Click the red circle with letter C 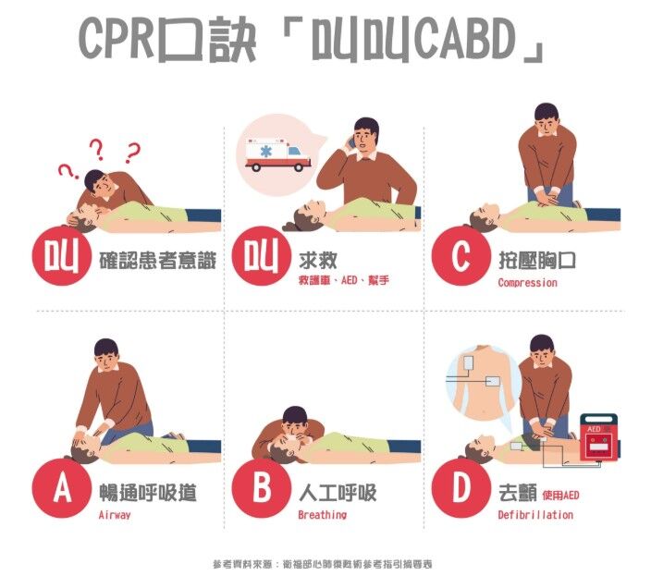tap(461, 255)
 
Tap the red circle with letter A tap(62, 488)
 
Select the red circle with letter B tap(262, 488)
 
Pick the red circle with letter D tap(461, 488)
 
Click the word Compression tap(527, 283)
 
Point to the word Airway tap(115, 515)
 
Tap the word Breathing tap(322, 515)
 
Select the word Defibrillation tap(535, 515)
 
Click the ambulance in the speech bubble tap(277, 154)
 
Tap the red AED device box tap(598, 436)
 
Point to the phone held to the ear tap(351, 142)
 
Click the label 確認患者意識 tap(158, 261)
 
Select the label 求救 tap(317, 260)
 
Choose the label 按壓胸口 tap(537, 260)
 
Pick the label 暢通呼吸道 tap(148, 493)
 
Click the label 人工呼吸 tap(338, 493)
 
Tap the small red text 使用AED tap(560, 495)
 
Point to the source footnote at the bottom tap(323, 564)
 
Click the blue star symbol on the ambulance tap(266, 152)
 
